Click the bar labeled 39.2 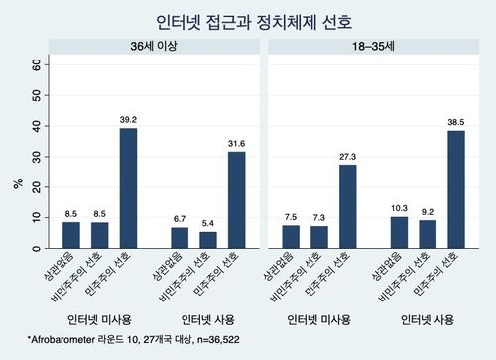point(128,187)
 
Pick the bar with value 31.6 point(236,199)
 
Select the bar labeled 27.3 point(347,205)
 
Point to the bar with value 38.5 point(456,188)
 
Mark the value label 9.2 point(429,211)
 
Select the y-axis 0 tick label point(39,247)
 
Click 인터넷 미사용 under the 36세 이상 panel point(99,319)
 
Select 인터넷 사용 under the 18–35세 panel point(428,319)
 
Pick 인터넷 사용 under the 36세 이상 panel point(208,319)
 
